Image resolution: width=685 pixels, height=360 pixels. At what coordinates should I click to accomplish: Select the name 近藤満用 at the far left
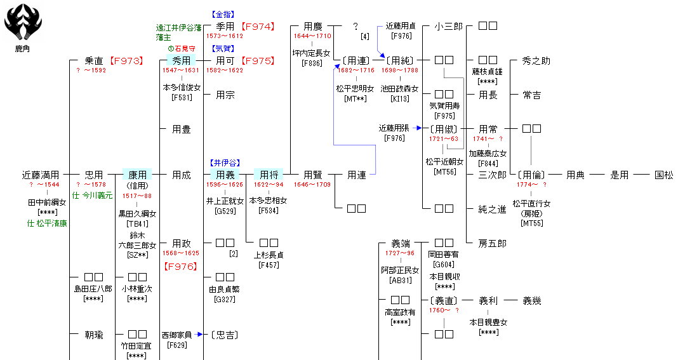tap(41, 175)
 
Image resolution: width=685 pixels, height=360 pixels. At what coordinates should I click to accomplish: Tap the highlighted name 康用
tap(138, 175)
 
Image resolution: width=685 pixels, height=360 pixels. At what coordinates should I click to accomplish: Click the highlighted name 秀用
tap(182, 61)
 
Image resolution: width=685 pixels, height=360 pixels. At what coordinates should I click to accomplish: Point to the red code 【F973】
tap(126, 61)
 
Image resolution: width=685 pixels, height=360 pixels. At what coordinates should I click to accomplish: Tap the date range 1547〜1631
tap(182, 70)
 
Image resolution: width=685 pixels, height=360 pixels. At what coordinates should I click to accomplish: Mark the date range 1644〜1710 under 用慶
tap(312, 36)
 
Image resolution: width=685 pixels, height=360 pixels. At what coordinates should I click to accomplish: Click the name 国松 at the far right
tap(664, 175)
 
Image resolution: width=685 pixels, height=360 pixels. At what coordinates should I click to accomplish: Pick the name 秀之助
tap(536, 61)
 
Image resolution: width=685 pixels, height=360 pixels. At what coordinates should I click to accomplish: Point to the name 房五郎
tap(492, 243)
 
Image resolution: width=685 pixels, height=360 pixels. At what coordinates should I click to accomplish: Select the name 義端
tap(401, 243)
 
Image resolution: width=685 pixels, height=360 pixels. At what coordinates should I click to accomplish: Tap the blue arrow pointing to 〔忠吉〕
tap(199, 334)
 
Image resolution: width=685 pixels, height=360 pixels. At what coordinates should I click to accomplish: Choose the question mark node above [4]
tap(356, 27)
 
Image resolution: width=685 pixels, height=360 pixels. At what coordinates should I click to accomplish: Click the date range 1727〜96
tap(400, 253)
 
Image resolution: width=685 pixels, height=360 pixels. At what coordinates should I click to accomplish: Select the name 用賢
tap(312, 175)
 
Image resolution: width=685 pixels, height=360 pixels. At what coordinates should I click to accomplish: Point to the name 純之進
tap(492, 209)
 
